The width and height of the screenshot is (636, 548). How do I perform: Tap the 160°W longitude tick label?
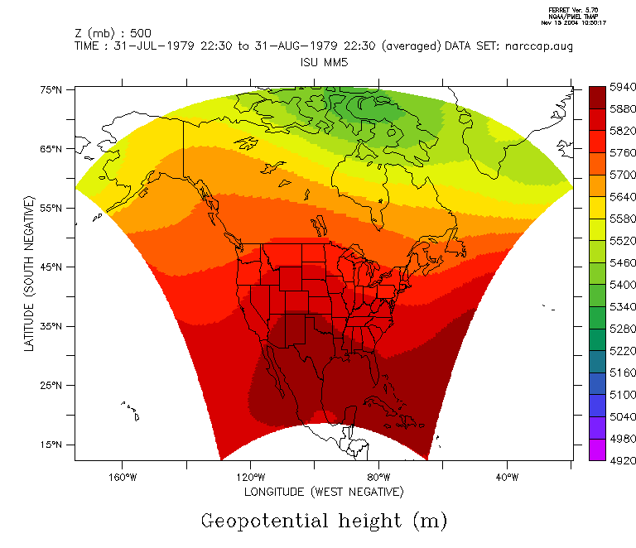pos(121,477)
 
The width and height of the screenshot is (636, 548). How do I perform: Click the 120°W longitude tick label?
pos(250,477)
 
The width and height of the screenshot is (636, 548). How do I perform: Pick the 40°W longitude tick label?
pos(507,477)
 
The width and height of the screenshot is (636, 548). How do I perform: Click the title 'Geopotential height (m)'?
pos(324,521)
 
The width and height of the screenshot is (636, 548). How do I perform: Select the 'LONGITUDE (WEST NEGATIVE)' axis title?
pos(324,492)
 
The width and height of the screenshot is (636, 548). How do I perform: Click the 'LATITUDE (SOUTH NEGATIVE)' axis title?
pos(29,274)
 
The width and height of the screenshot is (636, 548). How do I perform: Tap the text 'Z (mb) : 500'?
pos(109,33)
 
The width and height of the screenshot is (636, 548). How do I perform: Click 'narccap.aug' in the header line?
pos(540,46)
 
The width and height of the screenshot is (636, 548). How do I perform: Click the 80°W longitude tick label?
pos(378,477)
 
